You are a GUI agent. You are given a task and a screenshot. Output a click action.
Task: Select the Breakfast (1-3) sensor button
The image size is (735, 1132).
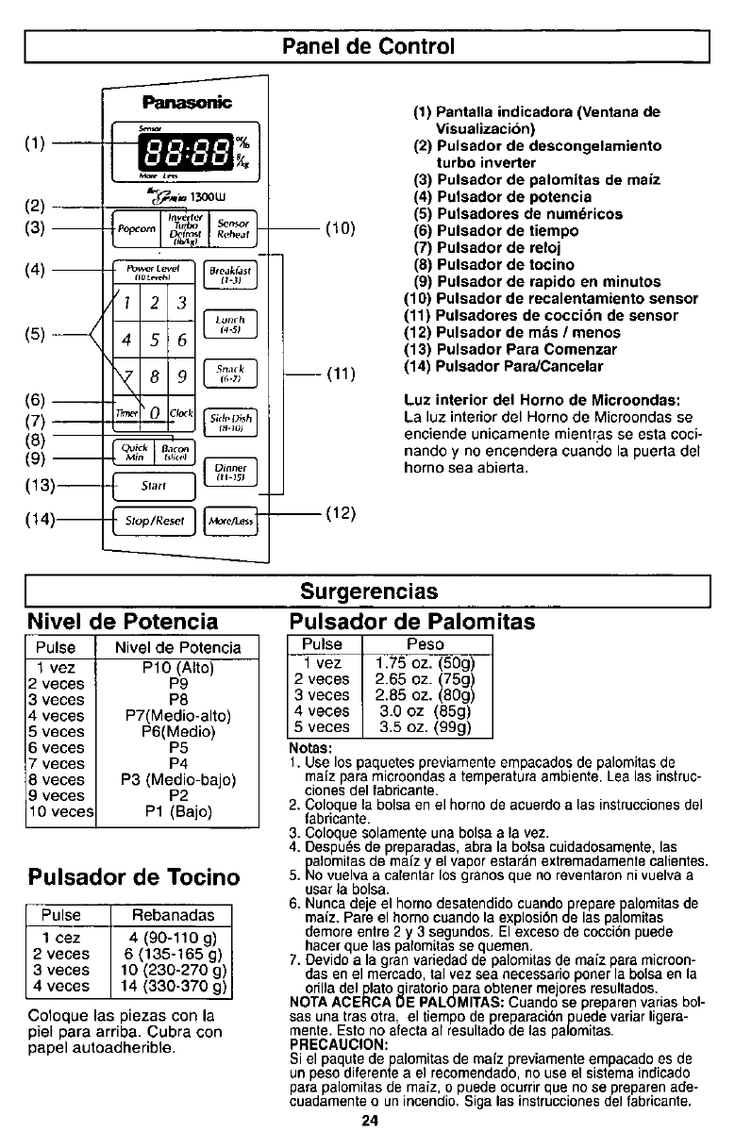[229, 275]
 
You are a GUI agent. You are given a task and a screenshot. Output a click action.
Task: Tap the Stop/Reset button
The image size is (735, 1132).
[152, 520]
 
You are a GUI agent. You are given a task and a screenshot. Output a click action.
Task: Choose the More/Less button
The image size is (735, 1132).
[230, 520]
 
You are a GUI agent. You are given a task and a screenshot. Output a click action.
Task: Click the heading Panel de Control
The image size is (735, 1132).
[368, 45]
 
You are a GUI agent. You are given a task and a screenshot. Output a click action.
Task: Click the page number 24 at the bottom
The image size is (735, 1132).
[368, 1121]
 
